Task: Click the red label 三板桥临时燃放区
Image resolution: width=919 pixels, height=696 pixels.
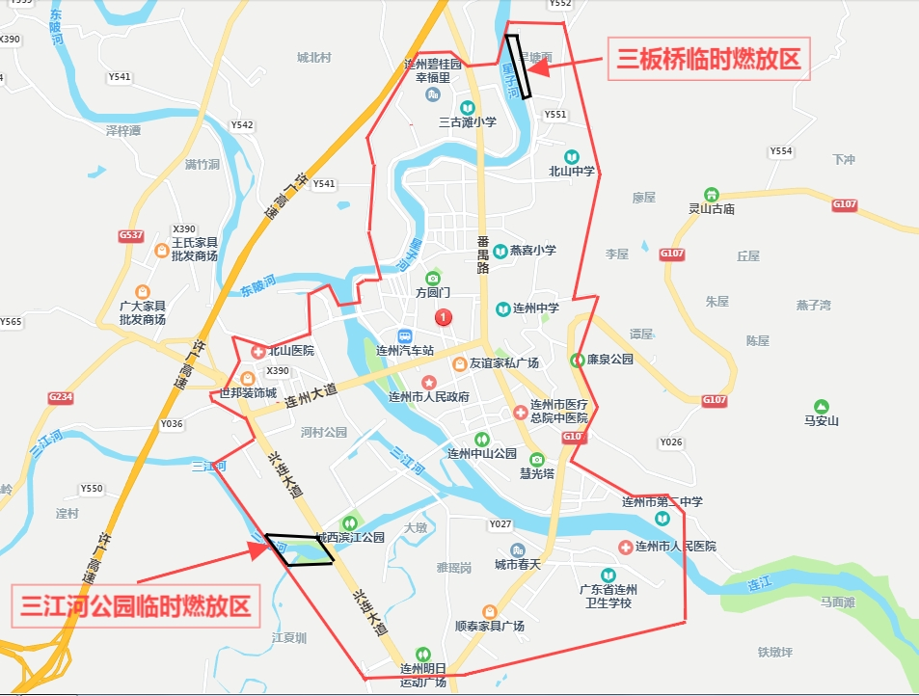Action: [710, 60]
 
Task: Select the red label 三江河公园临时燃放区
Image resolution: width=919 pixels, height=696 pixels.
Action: [135, 606]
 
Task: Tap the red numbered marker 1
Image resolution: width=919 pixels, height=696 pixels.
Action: [444, 316]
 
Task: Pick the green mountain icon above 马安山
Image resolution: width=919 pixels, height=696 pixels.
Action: [822, 405]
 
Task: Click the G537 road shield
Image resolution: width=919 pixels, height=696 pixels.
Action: [130, 235]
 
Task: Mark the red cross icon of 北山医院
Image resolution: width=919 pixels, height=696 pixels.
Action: [257, 351]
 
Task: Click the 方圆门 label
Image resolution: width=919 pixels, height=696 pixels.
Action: [434, 292]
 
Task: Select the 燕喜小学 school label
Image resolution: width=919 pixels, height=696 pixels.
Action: [532, 251]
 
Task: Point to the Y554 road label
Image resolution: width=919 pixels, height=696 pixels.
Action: [780, 151]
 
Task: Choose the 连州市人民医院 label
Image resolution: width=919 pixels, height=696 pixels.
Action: [675, 547]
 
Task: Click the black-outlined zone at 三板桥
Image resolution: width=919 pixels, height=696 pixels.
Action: [518, 67]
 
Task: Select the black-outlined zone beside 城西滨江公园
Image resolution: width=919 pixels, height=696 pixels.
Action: [300, 549]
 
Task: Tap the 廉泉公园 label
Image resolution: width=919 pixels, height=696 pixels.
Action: [609, 360]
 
